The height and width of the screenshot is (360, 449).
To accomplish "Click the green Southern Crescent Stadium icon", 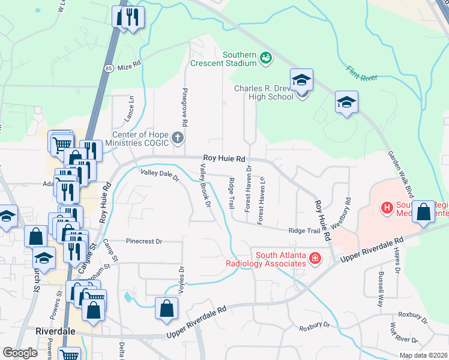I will coord(265,58).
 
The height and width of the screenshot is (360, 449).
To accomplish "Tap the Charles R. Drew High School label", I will coord(264,93).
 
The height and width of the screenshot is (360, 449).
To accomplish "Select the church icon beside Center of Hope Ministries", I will coord(178,139).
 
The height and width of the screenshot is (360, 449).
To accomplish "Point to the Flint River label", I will coord(361,75).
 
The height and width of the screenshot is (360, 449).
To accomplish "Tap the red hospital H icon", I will coord(387,208).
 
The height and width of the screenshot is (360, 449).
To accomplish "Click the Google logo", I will coord(20,353).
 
